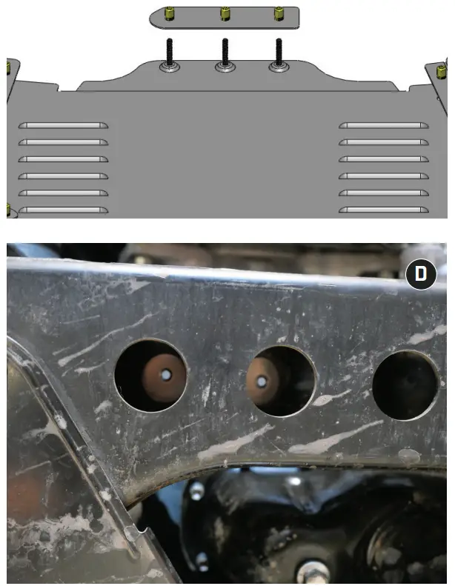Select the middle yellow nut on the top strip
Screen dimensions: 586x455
(x=224, y=13)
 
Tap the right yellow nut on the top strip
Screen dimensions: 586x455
(x=279, y=13)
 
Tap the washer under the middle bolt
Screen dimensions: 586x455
(x=224, y=68)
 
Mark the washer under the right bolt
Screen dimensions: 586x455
(x=279, y=68)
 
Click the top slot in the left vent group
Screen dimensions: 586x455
(x=63, y=125)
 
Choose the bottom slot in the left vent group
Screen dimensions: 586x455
(x=63, y=210)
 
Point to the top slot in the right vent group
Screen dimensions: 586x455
(x=384, y=125)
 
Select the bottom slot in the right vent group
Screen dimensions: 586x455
(x=384, y=210)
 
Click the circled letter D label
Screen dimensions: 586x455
(x=420, y=274)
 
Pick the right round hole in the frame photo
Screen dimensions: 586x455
(x=405, y=384)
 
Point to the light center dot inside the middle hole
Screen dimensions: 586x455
(x=261, y=382)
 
